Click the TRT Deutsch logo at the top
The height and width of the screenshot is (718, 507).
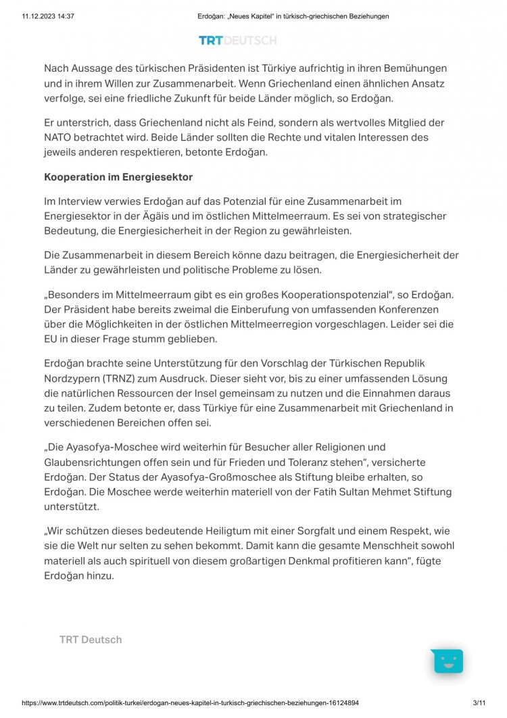click(x=237, y=41)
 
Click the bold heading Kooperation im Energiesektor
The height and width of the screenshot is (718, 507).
click(x=118, y=177)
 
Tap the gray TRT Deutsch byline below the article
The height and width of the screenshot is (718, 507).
click(x=91, y=640)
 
